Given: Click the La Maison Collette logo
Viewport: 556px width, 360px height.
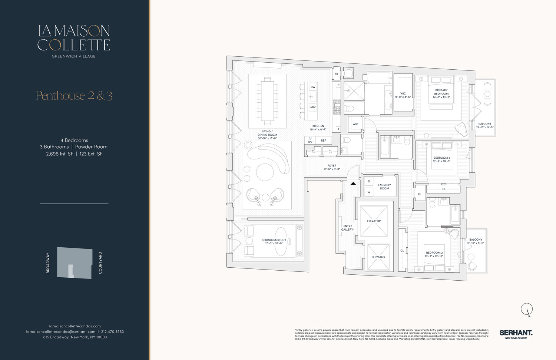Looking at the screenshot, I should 74,38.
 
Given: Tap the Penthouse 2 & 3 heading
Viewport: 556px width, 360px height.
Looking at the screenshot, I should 74,96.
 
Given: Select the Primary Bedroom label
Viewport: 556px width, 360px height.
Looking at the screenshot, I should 441,92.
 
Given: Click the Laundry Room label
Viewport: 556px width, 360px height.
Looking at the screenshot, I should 384,187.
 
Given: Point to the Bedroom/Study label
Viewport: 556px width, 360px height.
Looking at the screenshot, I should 274,242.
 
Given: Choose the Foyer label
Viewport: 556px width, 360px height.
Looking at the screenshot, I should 332,167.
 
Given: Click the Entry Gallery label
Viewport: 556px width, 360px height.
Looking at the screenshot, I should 348,228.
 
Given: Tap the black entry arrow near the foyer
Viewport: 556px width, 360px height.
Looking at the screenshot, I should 353,184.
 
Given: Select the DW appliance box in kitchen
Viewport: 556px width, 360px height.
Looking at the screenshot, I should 313,87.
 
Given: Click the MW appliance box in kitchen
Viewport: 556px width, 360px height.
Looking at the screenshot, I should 313,108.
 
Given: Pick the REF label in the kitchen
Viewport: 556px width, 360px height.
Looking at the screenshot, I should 324,141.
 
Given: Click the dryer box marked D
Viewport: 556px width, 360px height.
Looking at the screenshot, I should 369,181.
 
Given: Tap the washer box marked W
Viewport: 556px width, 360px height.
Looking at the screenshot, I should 369,192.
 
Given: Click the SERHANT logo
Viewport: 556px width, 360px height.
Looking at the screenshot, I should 516,334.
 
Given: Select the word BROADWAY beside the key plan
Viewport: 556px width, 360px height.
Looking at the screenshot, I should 48,263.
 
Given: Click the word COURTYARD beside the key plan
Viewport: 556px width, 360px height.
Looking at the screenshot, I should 100,263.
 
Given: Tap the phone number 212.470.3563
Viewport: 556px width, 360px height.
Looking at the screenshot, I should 112,331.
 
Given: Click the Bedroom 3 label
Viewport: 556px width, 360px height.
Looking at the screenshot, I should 441,159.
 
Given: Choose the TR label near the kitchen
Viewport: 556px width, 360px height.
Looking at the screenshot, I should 336,74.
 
